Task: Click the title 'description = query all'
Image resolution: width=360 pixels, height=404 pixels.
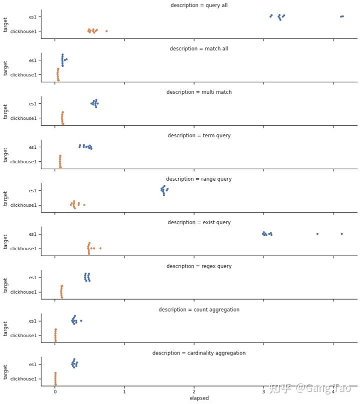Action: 199,5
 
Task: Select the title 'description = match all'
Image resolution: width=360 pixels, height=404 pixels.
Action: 199,48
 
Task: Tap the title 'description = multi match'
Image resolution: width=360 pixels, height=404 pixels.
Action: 199,92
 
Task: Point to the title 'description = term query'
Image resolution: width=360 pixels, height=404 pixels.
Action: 199,135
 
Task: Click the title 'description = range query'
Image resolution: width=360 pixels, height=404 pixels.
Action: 199,179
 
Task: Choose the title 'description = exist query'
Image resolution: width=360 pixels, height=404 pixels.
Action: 199,222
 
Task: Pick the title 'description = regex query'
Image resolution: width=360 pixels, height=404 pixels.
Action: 199,266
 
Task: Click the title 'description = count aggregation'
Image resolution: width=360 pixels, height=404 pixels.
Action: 199,310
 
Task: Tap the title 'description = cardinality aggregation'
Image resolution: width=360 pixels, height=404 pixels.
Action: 199,353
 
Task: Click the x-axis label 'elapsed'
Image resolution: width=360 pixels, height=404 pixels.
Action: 199,398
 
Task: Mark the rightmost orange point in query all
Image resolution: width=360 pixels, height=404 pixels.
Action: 106,31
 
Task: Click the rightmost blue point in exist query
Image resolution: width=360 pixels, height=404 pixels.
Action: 341,234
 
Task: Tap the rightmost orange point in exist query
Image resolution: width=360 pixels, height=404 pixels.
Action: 100,248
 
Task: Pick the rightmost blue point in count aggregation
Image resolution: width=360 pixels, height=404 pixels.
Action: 81,321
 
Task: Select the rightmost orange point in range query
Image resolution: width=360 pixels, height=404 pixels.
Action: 84,205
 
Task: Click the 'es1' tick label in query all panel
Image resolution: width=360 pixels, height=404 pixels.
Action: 32,17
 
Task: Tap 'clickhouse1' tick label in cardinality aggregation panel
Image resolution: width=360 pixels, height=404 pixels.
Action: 23,379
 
